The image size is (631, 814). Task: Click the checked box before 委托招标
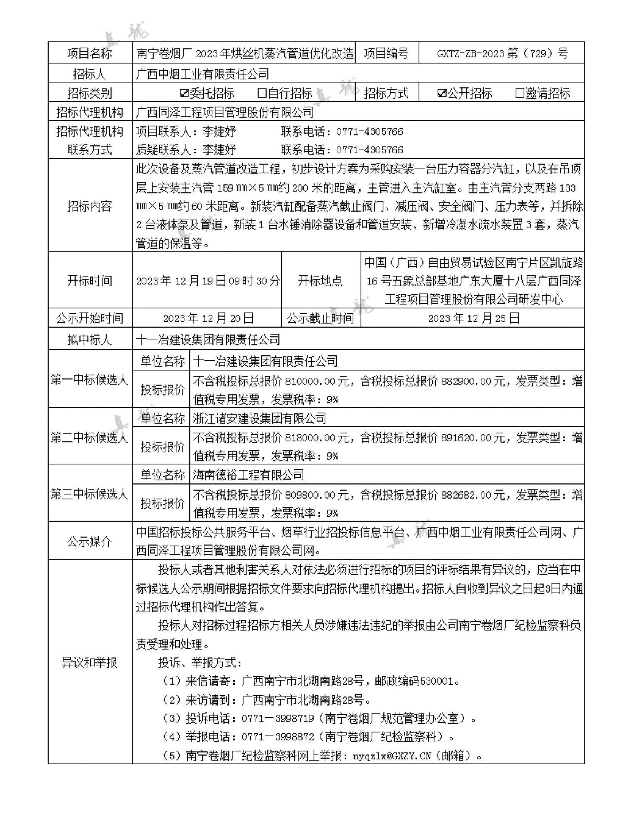click(x=184, y=93)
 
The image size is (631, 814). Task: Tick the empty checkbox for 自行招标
click(x=262, y=93)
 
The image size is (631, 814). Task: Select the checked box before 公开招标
click(x=442, y=93)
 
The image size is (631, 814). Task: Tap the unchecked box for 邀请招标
click(x=519, y=93)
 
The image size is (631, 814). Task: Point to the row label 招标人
click(x=89, y=73)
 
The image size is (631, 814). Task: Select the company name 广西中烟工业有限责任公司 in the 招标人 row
click(x=202, y=73)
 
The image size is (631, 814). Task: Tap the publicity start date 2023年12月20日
click(x=208, y=318)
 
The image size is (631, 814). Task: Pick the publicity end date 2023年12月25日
click(x=474, y=318)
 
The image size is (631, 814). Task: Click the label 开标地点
click(x=320, y=281)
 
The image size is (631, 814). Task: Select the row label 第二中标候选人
click(x=89, y=437)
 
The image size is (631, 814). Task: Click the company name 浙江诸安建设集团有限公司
click(x=260, y=418)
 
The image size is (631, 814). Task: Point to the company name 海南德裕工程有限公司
click(x=249, y=475)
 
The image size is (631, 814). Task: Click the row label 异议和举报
click(x=89, y=662)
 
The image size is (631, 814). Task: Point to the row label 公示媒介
click(x=89, y=541)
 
